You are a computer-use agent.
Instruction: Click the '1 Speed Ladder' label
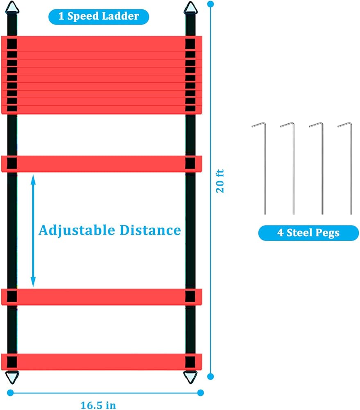[99, 17]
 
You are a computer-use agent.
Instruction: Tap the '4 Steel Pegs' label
[308, 233]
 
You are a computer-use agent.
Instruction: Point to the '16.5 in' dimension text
[98, 405]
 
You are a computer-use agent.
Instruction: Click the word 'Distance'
[150, 230]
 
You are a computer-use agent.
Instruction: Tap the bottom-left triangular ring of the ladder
[12, 376]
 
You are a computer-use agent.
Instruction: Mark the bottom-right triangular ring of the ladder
[190, 376]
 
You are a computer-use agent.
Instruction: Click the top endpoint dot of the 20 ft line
[211, 4]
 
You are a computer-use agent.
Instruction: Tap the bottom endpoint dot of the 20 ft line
[211, 376]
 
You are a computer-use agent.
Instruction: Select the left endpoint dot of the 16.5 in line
[10, 392]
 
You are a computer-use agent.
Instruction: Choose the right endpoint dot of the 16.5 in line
[200, 392]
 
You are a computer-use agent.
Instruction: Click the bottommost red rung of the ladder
[102, 361]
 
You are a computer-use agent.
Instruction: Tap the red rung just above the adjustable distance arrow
[102, 164]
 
